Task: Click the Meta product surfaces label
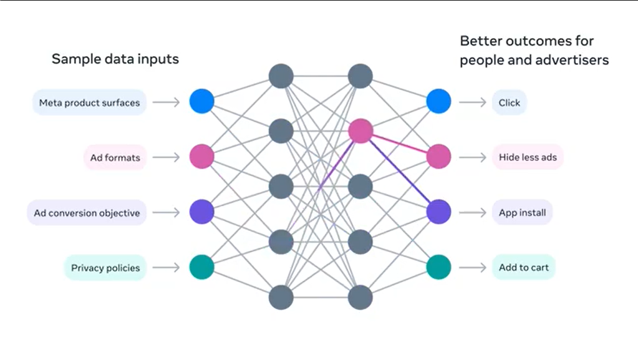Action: tap(89, 103)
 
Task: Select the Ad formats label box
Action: tap(115, 158)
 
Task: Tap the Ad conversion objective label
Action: tap(87, 213)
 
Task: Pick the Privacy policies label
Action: tap(105, 268)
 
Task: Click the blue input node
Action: tap(201, 101)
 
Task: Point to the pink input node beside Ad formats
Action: tap(201, 156)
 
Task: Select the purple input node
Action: tap(201, 212)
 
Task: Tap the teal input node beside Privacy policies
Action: tap(201, 267)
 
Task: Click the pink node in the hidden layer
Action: tap(360, 131)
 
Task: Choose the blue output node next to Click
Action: tap(438, 101)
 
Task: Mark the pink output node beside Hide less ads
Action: tap(438, 156)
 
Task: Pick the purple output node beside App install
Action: tap(438, 212)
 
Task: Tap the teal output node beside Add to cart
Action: tap(438, 267)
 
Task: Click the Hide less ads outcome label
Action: tap(527, 158)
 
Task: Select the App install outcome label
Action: tap(522, 213)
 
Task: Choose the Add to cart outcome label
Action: tap(523, 268)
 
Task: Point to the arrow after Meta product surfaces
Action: tap(166, 102)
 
